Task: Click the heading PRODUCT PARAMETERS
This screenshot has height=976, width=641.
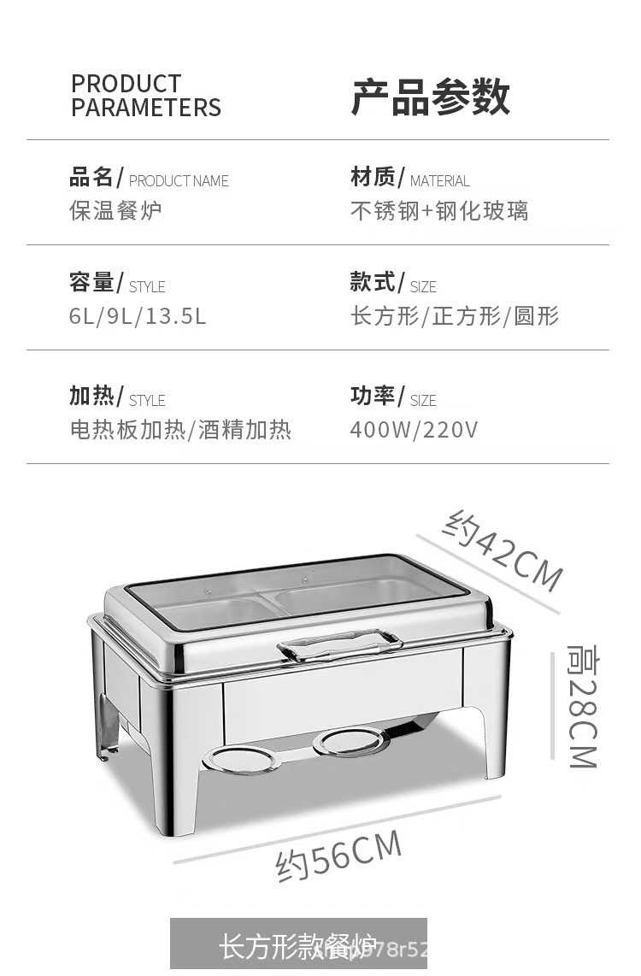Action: [x=145, y=96]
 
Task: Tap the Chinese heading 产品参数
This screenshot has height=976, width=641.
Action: [x=431, y=97]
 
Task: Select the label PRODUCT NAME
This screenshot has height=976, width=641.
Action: [x=179, y=181]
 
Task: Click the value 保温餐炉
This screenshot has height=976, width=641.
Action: [x=115, y=210]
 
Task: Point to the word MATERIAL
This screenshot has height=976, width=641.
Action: [x=439, y=181]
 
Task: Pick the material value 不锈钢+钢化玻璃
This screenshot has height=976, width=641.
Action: [x=439, y=210]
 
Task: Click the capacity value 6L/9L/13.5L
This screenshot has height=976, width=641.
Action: [x=138, y=316]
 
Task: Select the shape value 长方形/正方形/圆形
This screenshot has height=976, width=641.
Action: [x=454, y=316]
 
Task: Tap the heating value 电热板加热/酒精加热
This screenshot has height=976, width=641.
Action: [x=180, y=429]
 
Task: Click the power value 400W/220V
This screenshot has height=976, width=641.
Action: [x=414, y=429]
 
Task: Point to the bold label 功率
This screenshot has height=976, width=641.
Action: [x=373, y=396]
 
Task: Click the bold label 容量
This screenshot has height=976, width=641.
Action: [x=91, y=282]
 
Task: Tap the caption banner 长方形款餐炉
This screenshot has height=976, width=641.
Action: [x=298, y=946]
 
